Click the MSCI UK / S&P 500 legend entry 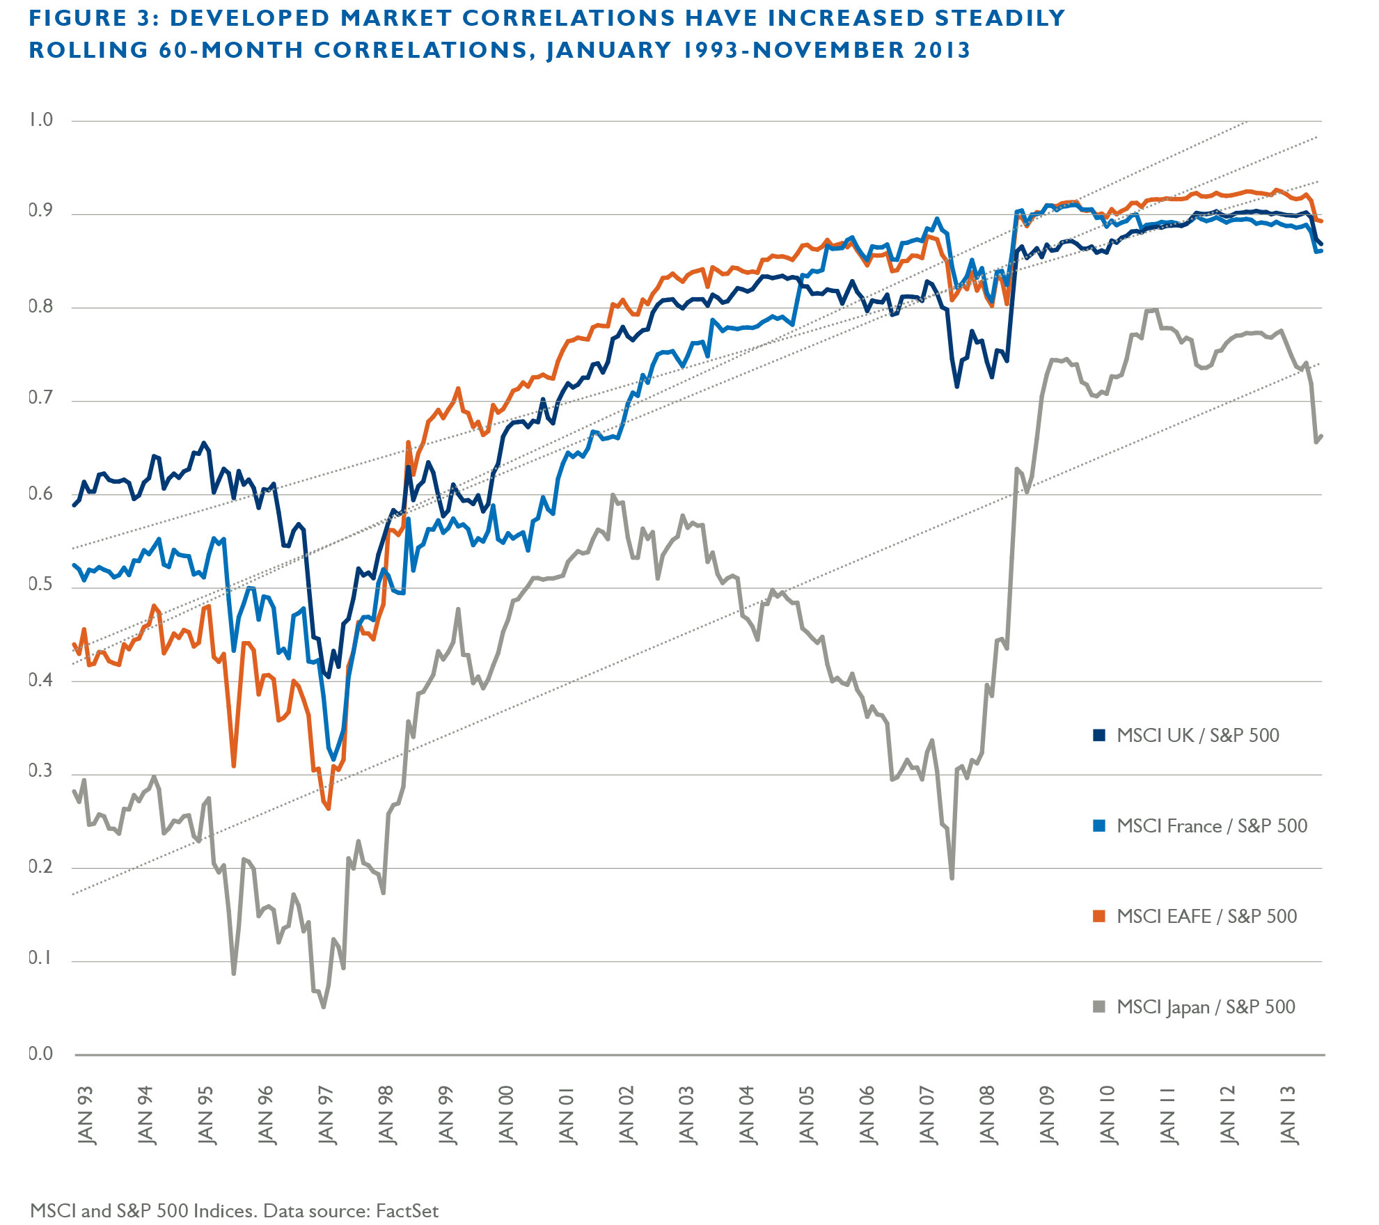click(1197, 736)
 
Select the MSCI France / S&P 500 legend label click(1211, 826)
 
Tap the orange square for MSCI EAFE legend click(1099, 916)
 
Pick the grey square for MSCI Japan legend click(1099, 1006)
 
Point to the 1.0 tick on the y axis click(40, 120)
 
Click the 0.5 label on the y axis click(40, 585)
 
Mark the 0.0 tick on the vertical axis click(40, 1054)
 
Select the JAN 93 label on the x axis click(86, 1115)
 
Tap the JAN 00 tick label click(506, 1115)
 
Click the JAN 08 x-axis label click(987, 1115)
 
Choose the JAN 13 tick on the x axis click(1288, 1115)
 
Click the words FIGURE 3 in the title click(94, 18)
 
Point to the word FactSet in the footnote click(407, 1211)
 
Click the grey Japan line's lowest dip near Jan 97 click(324, 1006)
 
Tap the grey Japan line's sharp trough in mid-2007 click(952, 878)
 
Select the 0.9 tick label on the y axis click(40, 211)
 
